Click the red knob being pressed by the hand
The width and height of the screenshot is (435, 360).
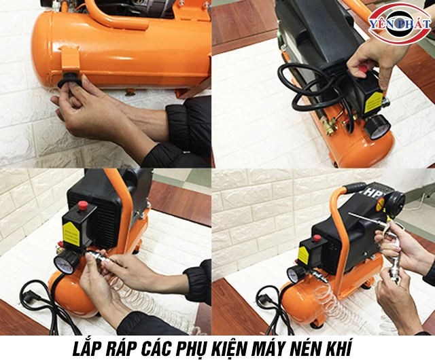364,69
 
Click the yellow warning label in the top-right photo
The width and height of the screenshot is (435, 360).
373,102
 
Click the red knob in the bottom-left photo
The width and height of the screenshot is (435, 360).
83,205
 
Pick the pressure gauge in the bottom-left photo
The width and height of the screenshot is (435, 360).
67,262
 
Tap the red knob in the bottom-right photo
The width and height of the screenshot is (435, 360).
316,238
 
